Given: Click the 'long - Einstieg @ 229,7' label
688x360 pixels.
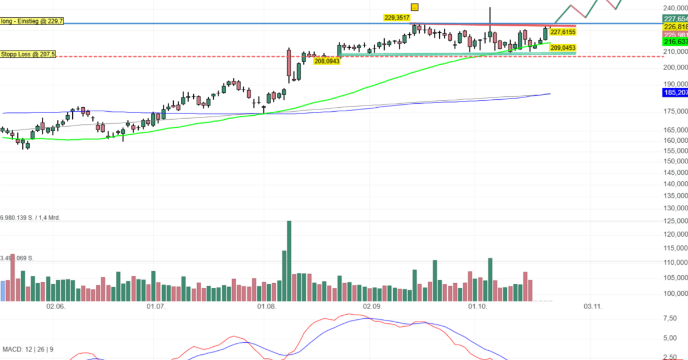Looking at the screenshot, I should (x=32, y=21).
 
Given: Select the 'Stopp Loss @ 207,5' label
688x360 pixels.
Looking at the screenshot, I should (x=28, y=54).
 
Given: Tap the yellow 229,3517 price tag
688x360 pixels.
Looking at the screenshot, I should (x=397, y=18).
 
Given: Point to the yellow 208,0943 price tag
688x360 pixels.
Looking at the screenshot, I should (x=326, y=61).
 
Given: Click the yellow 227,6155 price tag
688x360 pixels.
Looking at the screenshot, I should (x=562, y=32).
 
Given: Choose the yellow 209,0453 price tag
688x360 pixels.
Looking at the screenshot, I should (x=562, y=48).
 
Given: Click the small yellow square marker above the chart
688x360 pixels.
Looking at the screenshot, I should (x=415, y=7).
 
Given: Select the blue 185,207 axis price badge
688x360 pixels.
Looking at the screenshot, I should (x=675, y=92).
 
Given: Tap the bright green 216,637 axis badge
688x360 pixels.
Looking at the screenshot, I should (x=675, y=42).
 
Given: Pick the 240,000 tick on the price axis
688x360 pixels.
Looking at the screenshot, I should (x=674, y=8).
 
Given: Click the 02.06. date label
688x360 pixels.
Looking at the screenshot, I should (x=56, y=307).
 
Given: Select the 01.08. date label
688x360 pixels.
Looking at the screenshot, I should (x=267, y=307).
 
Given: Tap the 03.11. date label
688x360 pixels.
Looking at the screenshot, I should (x=593, y=307).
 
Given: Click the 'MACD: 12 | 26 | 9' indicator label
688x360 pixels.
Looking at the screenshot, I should (x=28, y=349).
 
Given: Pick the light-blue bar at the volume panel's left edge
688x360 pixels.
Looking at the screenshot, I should (x=2, y=291).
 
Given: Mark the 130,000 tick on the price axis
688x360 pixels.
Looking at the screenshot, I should (x=674, y=208).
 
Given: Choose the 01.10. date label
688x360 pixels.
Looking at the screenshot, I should (x=478, y=307).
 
